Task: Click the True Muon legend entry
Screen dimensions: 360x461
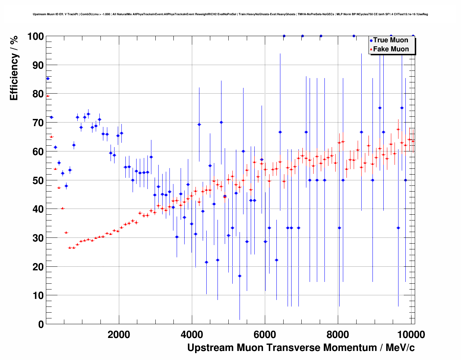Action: (390, 40)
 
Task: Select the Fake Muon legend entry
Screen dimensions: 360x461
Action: (391, 49)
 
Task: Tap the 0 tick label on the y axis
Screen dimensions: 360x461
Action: (40, 325)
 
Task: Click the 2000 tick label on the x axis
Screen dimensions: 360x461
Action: (119, 335)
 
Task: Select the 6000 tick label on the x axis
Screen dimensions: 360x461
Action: (265, 335)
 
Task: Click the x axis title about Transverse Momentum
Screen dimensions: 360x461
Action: (301, 348)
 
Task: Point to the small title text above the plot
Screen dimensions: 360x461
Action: (230, 14)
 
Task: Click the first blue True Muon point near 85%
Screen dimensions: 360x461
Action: (48, 78)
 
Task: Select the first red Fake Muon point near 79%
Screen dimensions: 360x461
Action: (48, 96)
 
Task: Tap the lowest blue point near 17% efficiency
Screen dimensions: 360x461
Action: (240, 276)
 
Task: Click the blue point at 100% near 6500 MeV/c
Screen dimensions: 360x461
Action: (284, 36)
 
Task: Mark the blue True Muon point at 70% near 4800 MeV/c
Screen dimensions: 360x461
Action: (221, 122)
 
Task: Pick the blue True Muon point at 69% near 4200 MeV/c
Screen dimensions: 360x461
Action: (199, 124)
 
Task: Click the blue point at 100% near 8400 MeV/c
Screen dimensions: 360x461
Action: (354, 36)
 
